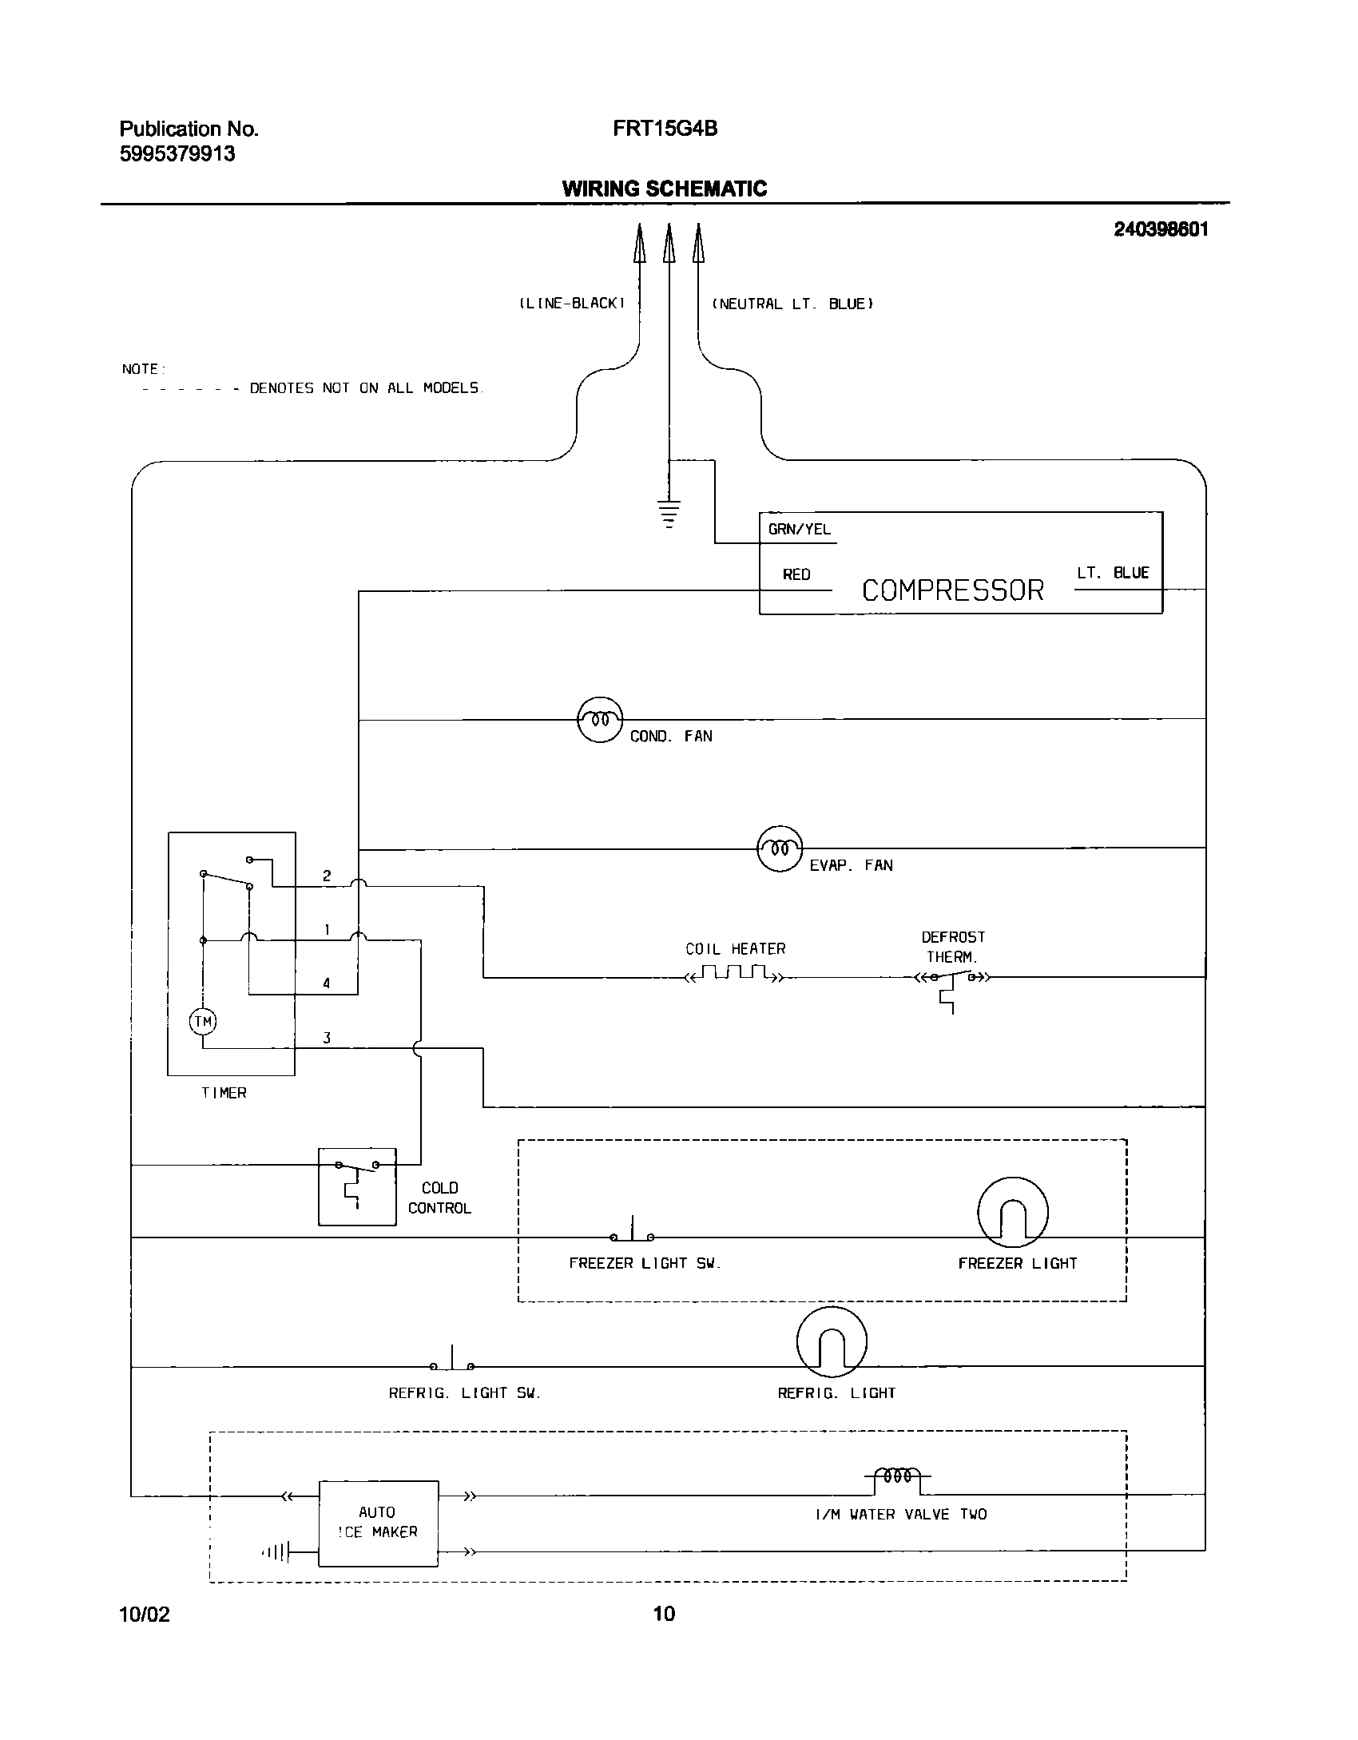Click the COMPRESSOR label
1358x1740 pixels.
click(952, 590)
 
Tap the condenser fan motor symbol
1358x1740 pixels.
click(599, 719)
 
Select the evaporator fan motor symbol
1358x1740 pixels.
click(779, 848)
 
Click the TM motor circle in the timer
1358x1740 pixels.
click(203, 1021)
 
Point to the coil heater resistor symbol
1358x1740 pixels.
click(734, 974)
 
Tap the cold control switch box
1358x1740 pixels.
click(357, 1186)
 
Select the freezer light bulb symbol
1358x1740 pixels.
click(1012, 1212)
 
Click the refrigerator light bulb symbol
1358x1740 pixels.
click(832, 1341)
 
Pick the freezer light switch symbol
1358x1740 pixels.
click(633, 1233)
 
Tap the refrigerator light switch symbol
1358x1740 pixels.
click(452, 1362)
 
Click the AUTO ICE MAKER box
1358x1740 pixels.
click(378, 1523)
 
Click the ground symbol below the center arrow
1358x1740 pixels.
click(669, 513)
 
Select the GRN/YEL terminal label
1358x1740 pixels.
click(799, 530)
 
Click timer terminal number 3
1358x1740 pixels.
click(326, 1039)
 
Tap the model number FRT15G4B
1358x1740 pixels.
click(665, 129)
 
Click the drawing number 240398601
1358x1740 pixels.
click(1161, 229)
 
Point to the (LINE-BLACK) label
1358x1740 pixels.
click(570, 304)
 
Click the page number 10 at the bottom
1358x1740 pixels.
click(664, 1614)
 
